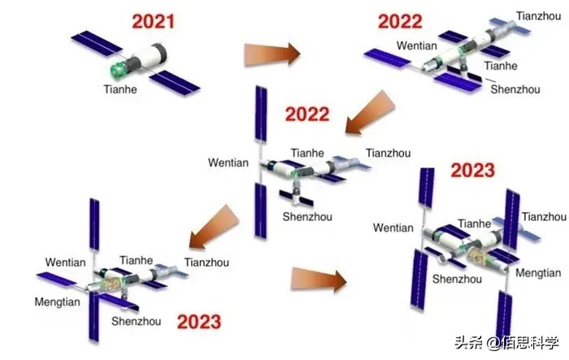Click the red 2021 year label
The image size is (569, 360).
[153, 21]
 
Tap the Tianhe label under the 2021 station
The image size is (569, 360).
[120, 89]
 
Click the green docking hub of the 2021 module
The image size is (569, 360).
[117, 70]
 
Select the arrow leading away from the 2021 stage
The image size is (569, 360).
[271, 54]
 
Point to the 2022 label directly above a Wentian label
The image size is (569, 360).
[400, 21]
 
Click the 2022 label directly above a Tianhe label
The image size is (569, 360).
[307, 115]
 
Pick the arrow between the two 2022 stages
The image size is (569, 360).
[369, 113]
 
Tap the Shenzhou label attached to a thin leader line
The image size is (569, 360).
[515, 89]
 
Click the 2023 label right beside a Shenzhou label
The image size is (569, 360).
[199, 322]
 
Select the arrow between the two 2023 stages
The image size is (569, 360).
[319, 280]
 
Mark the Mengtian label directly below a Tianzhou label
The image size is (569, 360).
[538, 273]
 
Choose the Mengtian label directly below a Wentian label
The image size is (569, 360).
[58, 302]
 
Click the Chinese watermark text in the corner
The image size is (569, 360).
[507, 342]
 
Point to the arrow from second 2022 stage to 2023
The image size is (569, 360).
[214, 228]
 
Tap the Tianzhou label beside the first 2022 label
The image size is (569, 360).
[538, 16]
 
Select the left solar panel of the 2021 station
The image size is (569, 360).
[96, 43]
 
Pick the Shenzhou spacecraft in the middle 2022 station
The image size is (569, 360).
[297, 195]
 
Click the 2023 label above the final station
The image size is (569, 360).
[472, 170]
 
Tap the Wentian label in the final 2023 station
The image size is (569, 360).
[393, 228]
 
